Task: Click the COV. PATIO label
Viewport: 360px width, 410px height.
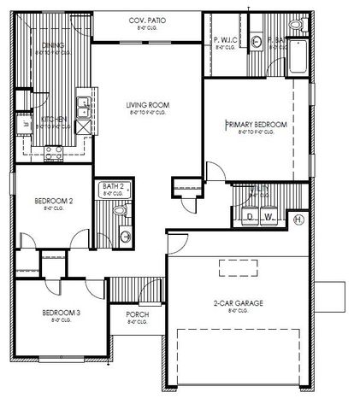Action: (147, 20)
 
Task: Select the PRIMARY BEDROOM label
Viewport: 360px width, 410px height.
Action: (256, 125)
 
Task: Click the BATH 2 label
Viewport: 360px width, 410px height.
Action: (115, 185)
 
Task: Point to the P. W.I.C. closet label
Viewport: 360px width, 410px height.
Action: (225, 40)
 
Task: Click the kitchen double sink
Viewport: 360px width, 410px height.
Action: (81, 107)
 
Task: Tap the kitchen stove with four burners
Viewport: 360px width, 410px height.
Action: (51, 153)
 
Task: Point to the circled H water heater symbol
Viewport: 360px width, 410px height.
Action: (298, 220)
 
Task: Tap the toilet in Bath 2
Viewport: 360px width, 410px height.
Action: (121, 209)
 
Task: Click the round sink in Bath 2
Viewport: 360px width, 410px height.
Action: (127, 236)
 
